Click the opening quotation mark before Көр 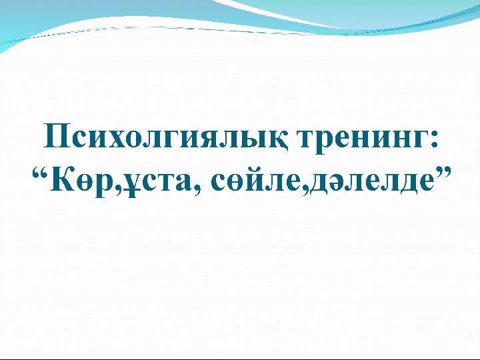coord(41,174)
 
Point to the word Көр coord(83,183)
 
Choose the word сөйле coord(255,181)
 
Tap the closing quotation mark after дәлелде coord(443,173)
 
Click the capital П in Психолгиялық coord(56,135)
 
